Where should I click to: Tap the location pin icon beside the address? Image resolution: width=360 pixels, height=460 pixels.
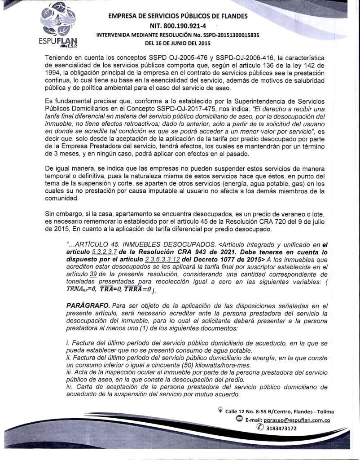coord(220,410)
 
